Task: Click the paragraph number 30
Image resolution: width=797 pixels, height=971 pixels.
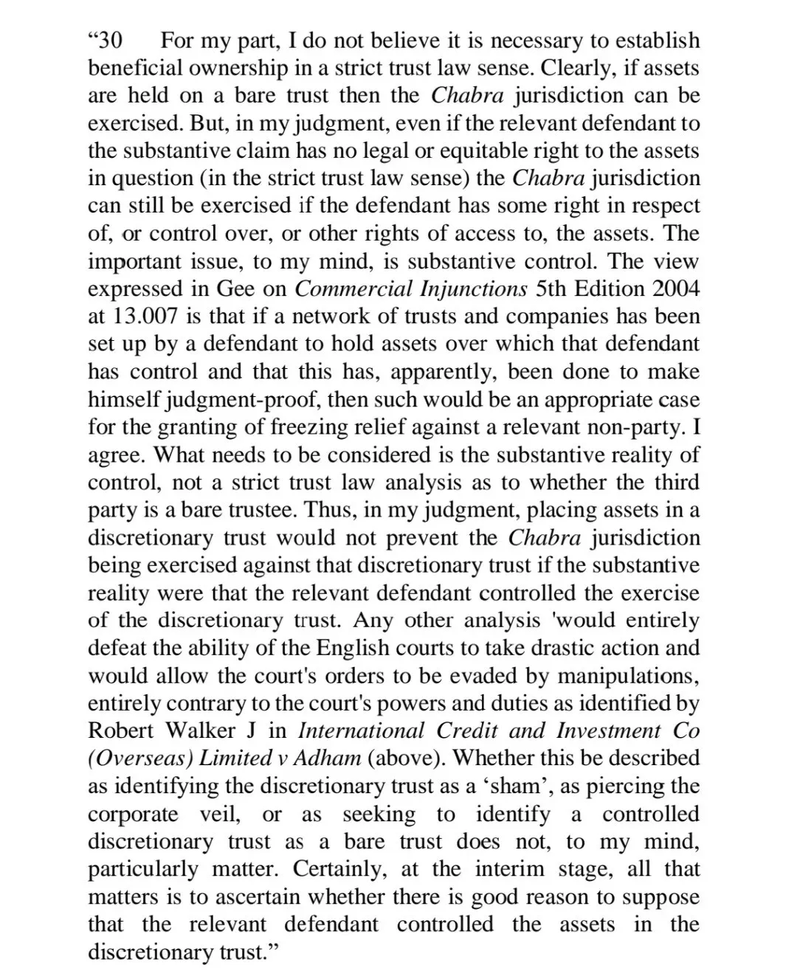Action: point(108,41)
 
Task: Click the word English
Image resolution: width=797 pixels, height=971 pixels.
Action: point(356,648)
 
